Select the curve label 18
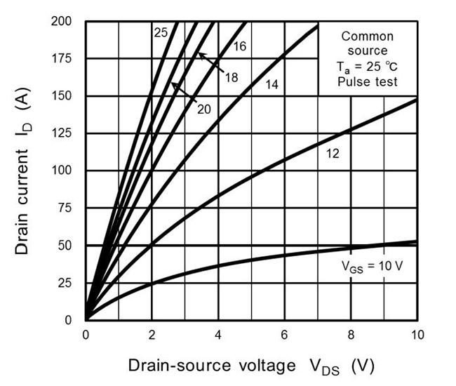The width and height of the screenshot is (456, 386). click(231, 76)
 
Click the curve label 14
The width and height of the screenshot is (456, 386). click(273, 84)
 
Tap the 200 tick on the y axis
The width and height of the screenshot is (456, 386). click(64, 21)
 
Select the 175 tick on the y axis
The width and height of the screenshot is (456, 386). click(64, 58)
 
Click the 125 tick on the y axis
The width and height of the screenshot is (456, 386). click(64, 133)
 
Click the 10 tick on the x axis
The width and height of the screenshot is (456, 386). click(417, 334)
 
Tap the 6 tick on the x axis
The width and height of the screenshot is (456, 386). click(284, 334)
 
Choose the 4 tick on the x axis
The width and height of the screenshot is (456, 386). click(218, 334)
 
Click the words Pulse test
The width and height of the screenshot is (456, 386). click(367, 81)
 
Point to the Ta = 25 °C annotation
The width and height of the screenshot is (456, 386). click(367, 67)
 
